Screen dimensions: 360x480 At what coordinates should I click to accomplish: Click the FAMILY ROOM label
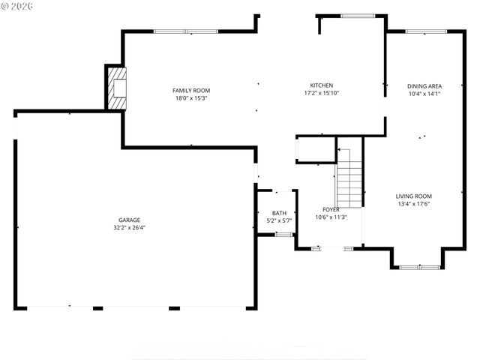click(190, 90)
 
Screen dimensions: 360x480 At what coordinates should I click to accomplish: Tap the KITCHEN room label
click(322, 85)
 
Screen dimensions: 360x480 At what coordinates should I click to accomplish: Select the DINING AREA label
click(424, 85)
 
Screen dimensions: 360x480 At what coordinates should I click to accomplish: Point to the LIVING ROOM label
click(414, 196)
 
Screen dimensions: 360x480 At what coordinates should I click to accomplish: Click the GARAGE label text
click(129, 220)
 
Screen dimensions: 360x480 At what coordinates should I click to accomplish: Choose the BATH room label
click(279, 213)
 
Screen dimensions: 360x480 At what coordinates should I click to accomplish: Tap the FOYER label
click(331, 209)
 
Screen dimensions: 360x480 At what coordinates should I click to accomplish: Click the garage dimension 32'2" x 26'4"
click(129, 227)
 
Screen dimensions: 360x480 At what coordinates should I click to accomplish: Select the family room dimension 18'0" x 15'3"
click(190, 98)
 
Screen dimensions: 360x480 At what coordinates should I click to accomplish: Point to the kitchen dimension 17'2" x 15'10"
click(322, 94)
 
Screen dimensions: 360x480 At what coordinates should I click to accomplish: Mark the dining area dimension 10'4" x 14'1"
click(424, 94)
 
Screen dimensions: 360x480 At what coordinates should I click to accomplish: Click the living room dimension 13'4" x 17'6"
click(414, 204)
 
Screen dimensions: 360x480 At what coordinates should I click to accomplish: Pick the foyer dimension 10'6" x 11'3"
click(331, 217)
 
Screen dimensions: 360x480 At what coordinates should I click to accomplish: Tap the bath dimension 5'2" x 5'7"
click(279, 221)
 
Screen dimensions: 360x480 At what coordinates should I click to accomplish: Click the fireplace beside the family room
click(116, 88)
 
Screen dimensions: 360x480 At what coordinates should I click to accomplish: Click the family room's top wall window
click(185, 31)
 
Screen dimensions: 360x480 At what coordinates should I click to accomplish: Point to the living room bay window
click(419, 266)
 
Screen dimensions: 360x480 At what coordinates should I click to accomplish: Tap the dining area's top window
click(424, 31)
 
